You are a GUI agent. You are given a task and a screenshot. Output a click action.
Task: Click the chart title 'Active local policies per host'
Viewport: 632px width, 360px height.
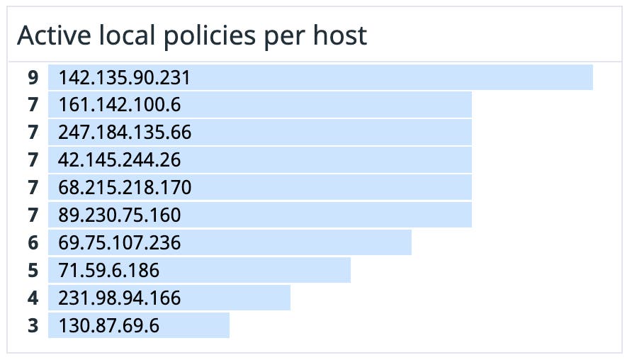(192, 35)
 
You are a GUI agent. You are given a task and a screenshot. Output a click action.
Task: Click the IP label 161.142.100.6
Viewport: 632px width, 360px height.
(120, 105)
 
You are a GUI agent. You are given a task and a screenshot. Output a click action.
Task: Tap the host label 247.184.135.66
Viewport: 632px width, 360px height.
(125, 133)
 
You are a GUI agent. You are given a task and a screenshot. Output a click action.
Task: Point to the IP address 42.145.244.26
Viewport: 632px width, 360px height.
(120, 160)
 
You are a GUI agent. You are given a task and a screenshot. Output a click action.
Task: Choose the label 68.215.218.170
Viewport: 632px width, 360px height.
(125, 188)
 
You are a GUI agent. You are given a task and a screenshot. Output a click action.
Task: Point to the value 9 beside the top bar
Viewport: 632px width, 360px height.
(33, 77)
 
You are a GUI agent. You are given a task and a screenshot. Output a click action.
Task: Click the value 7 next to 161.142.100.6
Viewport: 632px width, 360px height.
(33, 105)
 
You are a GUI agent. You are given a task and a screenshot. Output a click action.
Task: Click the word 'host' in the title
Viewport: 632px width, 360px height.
(342, 35)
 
